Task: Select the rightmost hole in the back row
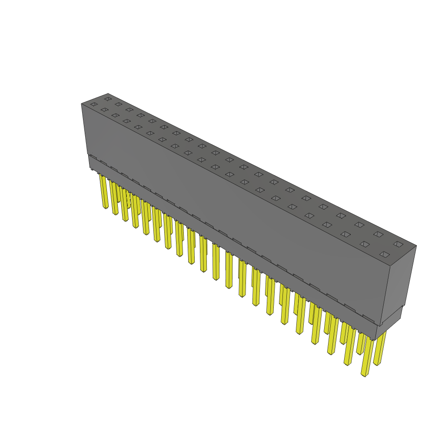(398, 244)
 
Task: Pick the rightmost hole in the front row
(384, 254)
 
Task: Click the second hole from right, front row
(365, 244)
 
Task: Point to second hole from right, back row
(378, 234)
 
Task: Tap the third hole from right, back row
(359, 225)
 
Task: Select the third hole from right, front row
(345, 234)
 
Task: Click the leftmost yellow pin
(104, 191)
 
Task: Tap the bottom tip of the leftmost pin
(106, 207)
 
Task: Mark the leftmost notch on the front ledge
(93, 156)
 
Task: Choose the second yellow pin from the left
(114, 198)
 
